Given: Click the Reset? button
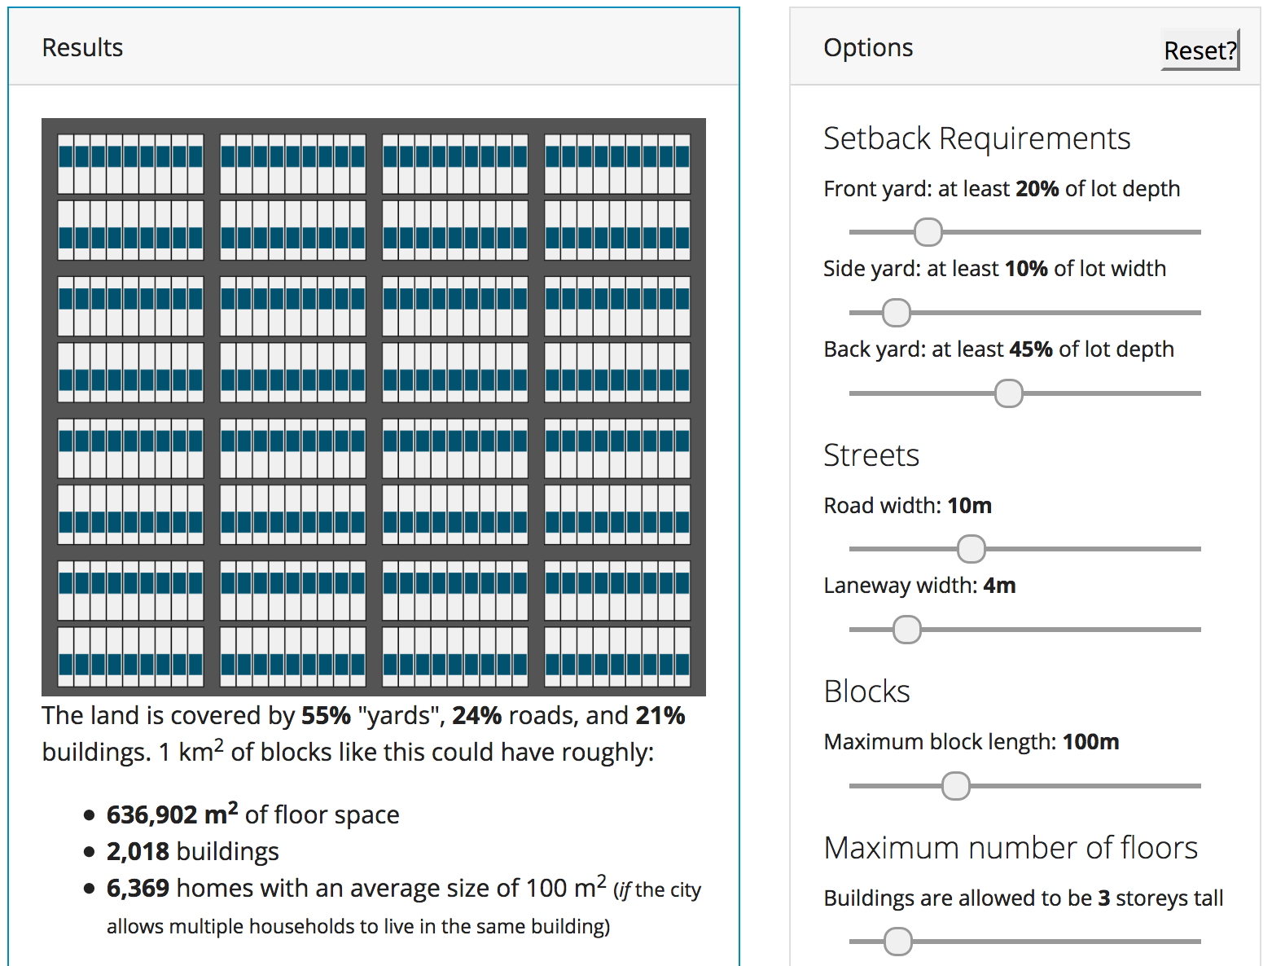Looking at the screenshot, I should point(1200,50).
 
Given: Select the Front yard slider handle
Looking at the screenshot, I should point(928,232).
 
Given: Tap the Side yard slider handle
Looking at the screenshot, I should point(896,312).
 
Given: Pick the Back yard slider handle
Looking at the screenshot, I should point(1008,393).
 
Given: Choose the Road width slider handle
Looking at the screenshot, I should point(971,549).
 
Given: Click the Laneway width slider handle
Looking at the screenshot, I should point(906,630).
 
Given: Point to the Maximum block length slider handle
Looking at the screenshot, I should point(955,786).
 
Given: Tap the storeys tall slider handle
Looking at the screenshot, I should point(897,941).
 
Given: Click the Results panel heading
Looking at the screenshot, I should point(82,48).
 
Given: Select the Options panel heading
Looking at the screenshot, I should point(868,48).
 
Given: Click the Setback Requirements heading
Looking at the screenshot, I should point(976,138).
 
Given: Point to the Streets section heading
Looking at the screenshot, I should point(871,455).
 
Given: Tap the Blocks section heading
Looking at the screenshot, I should point(866,692).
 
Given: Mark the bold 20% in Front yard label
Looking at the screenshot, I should point(1037,189).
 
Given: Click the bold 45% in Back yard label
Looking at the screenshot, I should point(1030,349).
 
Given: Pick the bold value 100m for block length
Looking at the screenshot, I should point(1090,742).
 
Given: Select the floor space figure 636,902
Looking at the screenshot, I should point(152,815).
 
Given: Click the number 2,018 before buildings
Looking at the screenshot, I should point(138,851).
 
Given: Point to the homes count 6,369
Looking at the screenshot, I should point(138,888).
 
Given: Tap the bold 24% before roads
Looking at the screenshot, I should point(476,716).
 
